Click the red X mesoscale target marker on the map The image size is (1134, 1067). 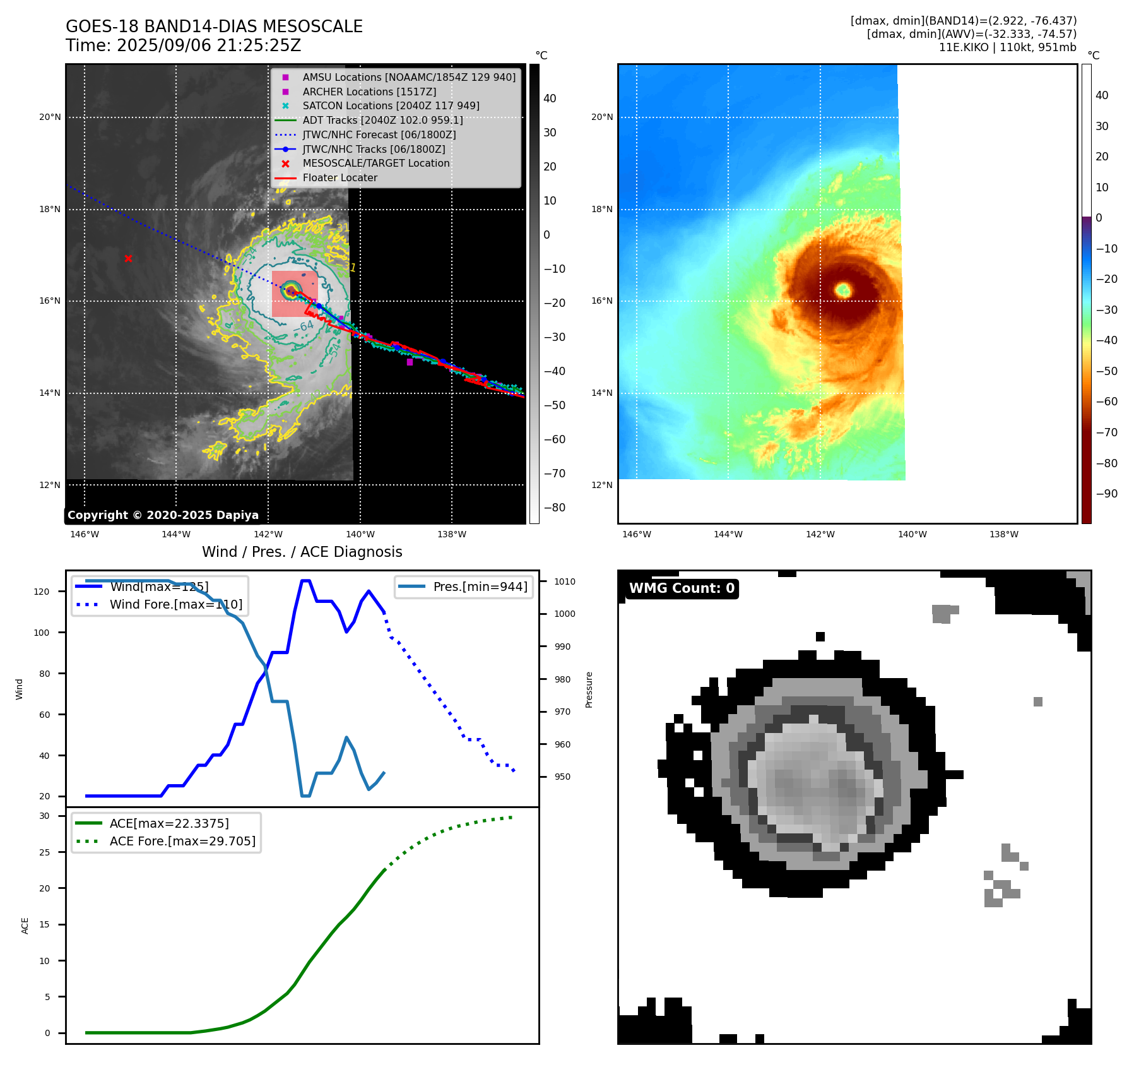(128, 258)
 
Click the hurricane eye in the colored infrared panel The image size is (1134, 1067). (843, 290)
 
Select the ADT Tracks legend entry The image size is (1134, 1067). (382, 120)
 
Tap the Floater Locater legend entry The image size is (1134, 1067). (340, 178)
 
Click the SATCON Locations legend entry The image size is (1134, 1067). (391, 105)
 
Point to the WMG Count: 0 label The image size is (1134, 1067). (682, 588)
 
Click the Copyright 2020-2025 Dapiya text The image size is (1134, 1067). (163, 515)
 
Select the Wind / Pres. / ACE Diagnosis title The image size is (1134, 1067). (302, 552)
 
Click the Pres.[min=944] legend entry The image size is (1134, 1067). (480, 587)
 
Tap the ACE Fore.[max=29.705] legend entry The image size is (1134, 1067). (182, 841)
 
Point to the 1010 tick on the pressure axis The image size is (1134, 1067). (565, 581)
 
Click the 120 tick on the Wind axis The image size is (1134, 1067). (42, 592)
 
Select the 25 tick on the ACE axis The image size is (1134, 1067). (44, 852)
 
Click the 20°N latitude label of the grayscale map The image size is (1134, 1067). (50, 117)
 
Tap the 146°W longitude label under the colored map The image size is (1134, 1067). (636, 534)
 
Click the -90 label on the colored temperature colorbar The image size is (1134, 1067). (1106, 494)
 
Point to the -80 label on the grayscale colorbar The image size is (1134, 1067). (555, 508)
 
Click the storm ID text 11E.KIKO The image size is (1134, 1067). (963, 47)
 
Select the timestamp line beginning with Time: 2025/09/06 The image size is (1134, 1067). (183, 45)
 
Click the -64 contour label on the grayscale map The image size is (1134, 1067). (304, 326)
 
